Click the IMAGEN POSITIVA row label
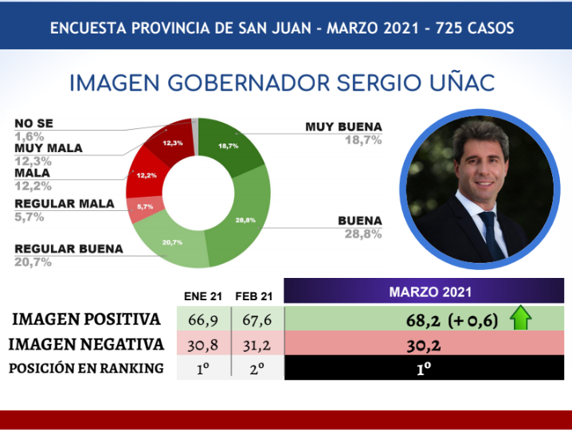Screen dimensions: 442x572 (86, 319)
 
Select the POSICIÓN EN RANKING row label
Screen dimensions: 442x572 (85, 368)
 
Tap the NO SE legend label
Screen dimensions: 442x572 (34, 123)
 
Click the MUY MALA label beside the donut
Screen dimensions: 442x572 (48, 148)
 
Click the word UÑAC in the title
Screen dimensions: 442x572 (458, 83)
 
